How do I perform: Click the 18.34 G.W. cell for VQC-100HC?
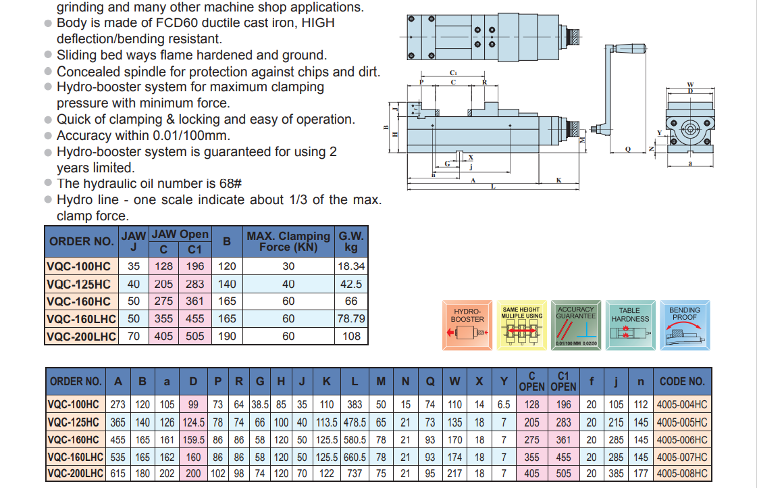point(351,266)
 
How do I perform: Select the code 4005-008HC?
point(682,474)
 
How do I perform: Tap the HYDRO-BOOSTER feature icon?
point(467,325)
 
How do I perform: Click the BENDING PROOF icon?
point(684,325)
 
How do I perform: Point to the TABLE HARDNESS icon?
point(630,325)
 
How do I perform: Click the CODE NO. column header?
point(682,381)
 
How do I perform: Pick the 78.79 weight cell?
point(351,318)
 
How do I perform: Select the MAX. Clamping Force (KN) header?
point(288,241)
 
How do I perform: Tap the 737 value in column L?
point(355,474)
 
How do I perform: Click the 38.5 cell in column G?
point(260,405)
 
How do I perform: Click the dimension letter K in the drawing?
point(559,180)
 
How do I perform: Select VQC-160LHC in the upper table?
point(82,318)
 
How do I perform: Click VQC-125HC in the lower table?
point(74,422)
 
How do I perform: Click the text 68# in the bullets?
point(229,184)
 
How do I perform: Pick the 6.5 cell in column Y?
point(504,405)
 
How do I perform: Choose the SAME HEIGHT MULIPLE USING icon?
point(522,325)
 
